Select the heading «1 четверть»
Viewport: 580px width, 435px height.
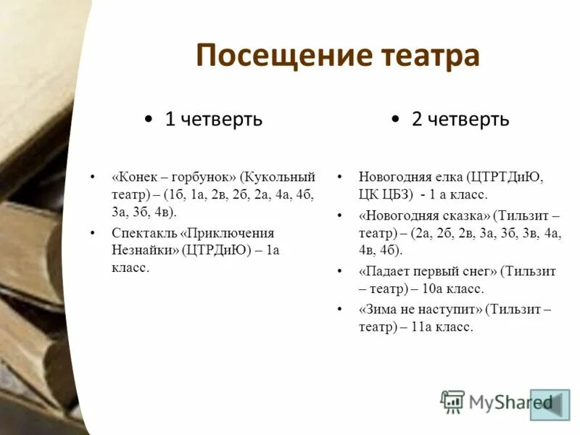[x=213, y=120]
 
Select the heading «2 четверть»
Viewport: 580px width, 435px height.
[x=460, y=120]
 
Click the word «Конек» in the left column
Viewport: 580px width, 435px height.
[x=136, y=178]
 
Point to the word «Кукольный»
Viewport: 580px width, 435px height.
[x=279, y=178]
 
